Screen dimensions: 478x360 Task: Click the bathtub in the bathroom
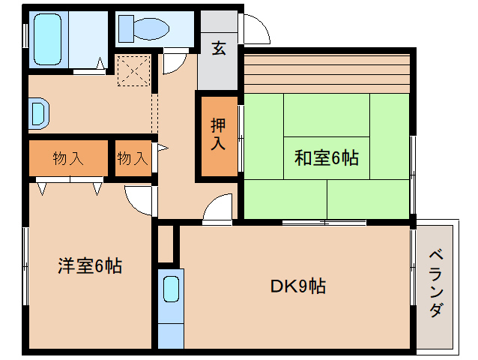click(47, 39)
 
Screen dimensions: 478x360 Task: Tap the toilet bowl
click(151, 29)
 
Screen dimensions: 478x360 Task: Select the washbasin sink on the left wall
click(39, 113)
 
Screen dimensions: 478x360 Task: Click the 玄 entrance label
click(219, 48)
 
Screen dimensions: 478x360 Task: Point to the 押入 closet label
click(218, 134)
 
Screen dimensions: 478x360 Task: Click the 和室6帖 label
click(327, 158)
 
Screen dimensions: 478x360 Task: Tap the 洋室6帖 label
click(90, 265)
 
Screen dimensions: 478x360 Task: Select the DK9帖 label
click(298, 286)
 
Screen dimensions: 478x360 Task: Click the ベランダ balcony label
click(436, 283)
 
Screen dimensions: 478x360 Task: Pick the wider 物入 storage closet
click(68, 158)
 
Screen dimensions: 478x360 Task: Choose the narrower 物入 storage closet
click(133, 158)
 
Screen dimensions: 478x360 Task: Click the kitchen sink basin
click(171, 289)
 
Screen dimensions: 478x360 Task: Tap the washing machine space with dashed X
click(134, 70)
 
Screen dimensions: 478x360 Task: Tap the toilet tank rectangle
click(126, 29)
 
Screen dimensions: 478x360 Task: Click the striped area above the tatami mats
click(327, 73)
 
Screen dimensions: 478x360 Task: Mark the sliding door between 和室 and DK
click(324, 223)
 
